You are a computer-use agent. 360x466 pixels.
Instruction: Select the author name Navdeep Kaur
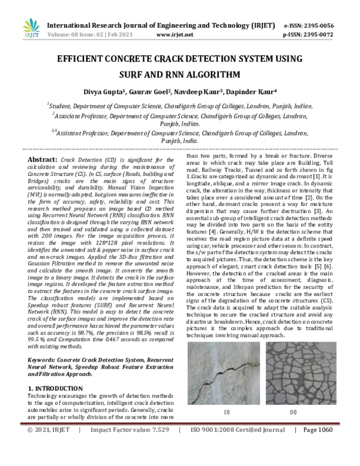pos(201,91)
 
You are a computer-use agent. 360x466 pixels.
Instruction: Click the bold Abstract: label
pos(43,160)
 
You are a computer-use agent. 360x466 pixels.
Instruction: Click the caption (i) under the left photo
pos(226,412)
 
